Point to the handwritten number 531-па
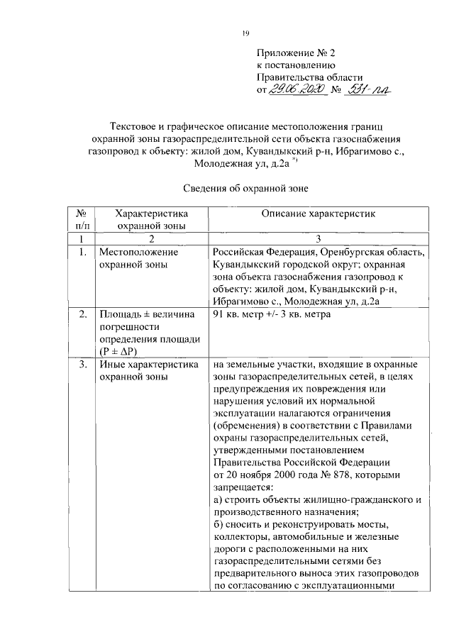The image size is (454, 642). point(370,89)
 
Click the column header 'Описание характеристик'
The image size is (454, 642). point(317,213)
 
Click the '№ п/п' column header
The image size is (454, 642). point(82,218)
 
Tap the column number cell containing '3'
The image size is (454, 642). point(317,239)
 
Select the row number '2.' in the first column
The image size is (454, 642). point(82,314)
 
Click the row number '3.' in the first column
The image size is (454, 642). point(82,365)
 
